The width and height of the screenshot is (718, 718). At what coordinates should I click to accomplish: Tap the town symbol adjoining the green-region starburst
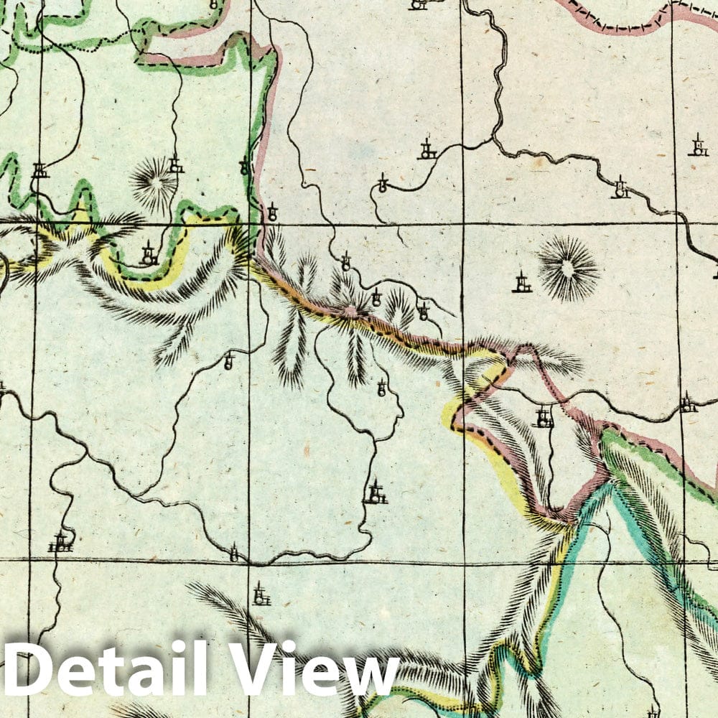point(176,166)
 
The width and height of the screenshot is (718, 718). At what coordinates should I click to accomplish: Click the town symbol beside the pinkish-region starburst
point(522,282)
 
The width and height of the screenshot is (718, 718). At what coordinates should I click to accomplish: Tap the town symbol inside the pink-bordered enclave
point(544,417)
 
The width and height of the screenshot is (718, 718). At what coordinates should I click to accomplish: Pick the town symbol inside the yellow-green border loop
point(149,253)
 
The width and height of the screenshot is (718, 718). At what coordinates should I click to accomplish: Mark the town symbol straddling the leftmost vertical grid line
point(40,171)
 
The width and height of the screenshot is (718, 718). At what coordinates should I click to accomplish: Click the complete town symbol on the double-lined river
point(621,189)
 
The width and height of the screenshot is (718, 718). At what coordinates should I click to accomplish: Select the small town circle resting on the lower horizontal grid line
point(233,554)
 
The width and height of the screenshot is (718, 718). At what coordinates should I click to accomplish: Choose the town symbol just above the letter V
point(261,595)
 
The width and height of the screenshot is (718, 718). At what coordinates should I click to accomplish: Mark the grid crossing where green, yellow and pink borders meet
point(249,225)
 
